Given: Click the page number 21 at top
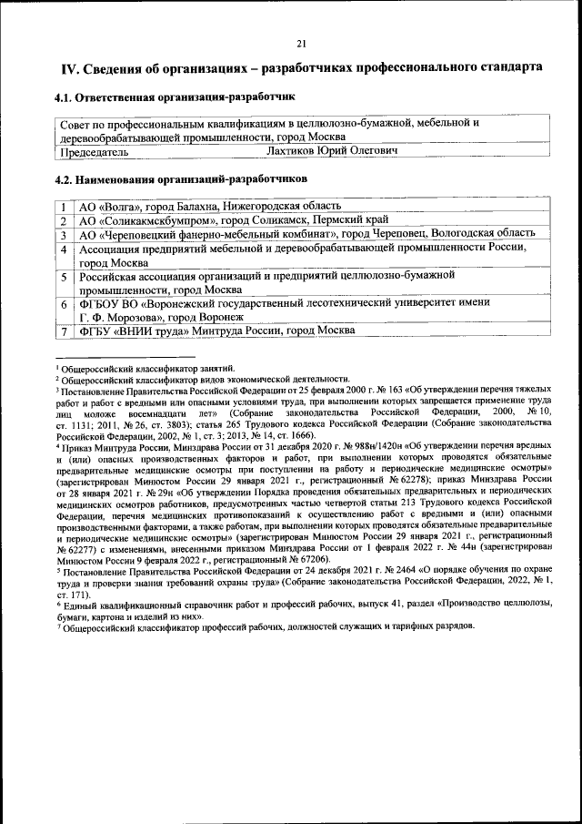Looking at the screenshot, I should click(301, 43).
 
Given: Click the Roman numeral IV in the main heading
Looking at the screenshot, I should click(69, 68).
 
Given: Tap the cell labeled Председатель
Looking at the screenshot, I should click(88, 150).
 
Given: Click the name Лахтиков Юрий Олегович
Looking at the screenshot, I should click(333, 150).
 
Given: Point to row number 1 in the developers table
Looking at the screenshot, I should click(65, 207).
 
